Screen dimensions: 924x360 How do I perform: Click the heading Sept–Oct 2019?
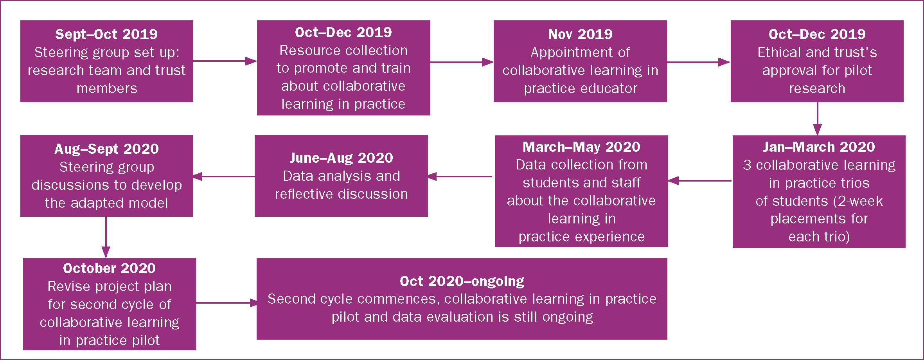106,34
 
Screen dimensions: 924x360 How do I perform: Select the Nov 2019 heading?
580,34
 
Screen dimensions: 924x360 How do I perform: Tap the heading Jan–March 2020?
819,147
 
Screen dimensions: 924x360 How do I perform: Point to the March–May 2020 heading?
581,147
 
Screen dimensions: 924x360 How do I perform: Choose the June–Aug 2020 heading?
341,158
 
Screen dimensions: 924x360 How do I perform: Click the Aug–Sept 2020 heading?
106,149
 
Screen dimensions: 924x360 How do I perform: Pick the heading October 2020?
109,268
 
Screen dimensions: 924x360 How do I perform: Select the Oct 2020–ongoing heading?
462,281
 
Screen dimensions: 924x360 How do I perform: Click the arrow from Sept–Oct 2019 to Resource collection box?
225,61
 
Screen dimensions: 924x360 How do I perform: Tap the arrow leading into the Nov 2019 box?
462,62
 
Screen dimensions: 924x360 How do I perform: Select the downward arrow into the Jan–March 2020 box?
817,119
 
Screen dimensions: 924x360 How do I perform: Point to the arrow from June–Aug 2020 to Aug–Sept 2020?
224,176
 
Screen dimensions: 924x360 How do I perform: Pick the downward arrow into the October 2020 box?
106,237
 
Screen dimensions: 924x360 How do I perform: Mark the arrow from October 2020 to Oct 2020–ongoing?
227,302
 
